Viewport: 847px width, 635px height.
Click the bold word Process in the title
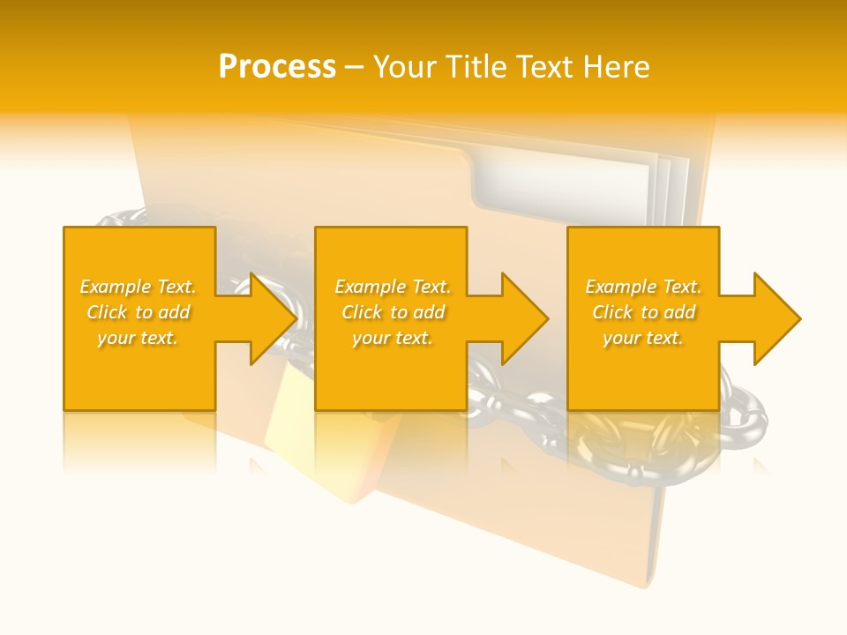pos(277,67)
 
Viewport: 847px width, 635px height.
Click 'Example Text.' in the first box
pos(138,287)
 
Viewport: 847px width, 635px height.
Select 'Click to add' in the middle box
pos(393,312)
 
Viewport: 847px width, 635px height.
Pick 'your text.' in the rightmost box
pos(642,338)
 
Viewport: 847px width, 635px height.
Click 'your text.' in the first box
pos(138,338)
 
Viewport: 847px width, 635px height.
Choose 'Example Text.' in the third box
pos(642,287)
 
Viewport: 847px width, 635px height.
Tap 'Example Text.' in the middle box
pos(393,287)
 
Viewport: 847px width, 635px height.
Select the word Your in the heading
pos(404,67)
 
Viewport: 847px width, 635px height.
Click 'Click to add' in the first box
pos(138,312)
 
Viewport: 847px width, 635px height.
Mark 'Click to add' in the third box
pos(642,312)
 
